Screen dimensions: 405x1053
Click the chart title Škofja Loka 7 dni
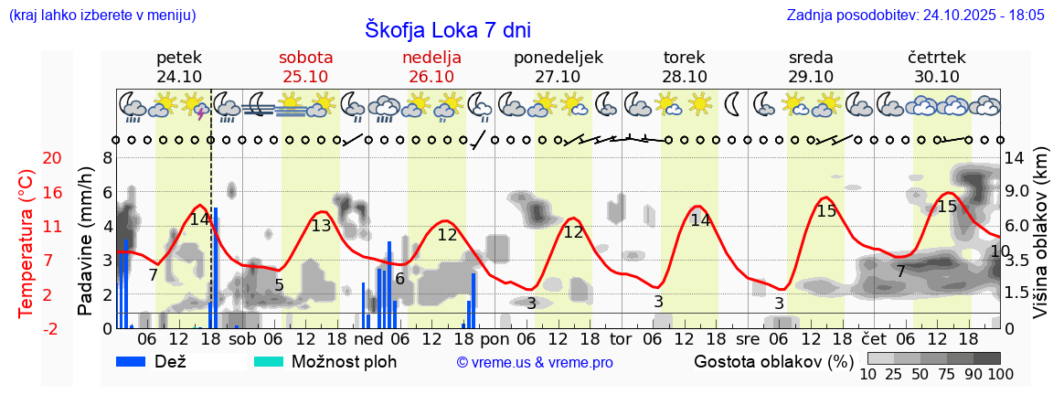[x=447, y=29]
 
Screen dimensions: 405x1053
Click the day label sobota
[x=305, y=58]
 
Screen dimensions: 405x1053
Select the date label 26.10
[x=431, y=77]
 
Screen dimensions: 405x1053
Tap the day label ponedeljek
[x=558, y=58]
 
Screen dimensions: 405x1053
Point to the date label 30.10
[x=937, y=77]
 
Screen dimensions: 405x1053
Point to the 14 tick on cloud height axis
[x=1015, y=158]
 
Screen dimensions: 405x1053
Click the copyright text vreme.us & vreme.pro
[x=535, y=363]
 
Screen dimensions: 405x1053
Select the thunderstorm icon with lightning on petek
[x=194, y=106]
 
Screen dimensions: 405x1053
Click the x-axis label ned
[x=368, y=338]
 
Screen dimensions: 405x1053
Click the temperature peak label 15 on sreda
[x=826, y=211]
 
